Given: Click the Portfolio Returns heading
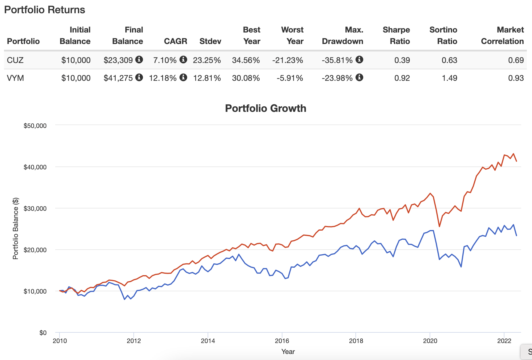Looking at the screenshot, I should pyautogui.click(x=45, y=10).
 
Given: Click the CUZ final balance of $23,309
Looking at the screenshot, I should pyautogui.click(x=118, y=60).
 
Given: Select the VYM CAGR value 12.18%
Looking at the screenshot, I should pyautogui.click(x=162, y=78).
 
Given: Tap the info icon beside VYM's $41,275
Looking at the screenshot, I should pyautogui.click(x=139, y=77).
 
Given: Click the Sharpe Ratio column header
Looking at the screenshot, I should pyautogui.click(x=396, y=35).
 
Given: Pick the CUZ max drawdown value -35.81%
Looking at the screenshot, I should pyautogui.click(x=337, y=60).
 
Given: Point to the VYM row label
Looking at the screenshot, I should pyautogui.click(x=15, y=78).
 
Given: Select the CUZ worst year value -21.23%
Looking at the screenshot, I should pyautogui.click(x=288, y=60).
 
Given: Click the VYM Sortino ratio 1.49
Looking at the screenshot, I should pyautogui.click(x=449, y=78).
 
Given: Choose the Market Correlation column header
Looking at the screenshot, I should pyautogui.click(x=502, y=35).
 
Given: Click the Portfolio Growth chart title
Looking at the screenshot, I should pyautogui.click(x=265, y=108).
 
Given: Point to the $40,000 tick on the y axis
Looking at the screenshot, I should pyautogui.click(x=35, y=167).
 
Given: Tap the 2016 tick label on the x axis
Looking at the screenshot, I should pyautogui.click(x=282, y=341).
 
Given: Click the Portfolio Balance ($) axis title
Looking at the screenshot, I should pyautogui.click(x=16, y=229).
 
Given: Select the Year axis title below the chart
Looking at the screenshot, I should pyautogui.click(x=288, y=351).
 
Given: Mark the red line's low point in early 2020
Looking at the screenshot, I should pyautogui.click(x=439, y=226).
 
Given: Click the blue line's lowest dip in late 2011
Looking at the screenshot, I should pyautogui.click(x=125, y=299).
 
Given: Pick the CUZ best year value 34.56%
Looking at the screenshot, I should pyautogui.click(x=246, y=60).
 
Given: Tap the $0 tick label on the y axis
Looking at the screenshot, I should pyautogui.click(x=43, y=333).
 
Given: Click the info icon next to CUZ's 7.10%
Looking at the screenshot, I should pyautogui.click(x=183, y=60).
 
